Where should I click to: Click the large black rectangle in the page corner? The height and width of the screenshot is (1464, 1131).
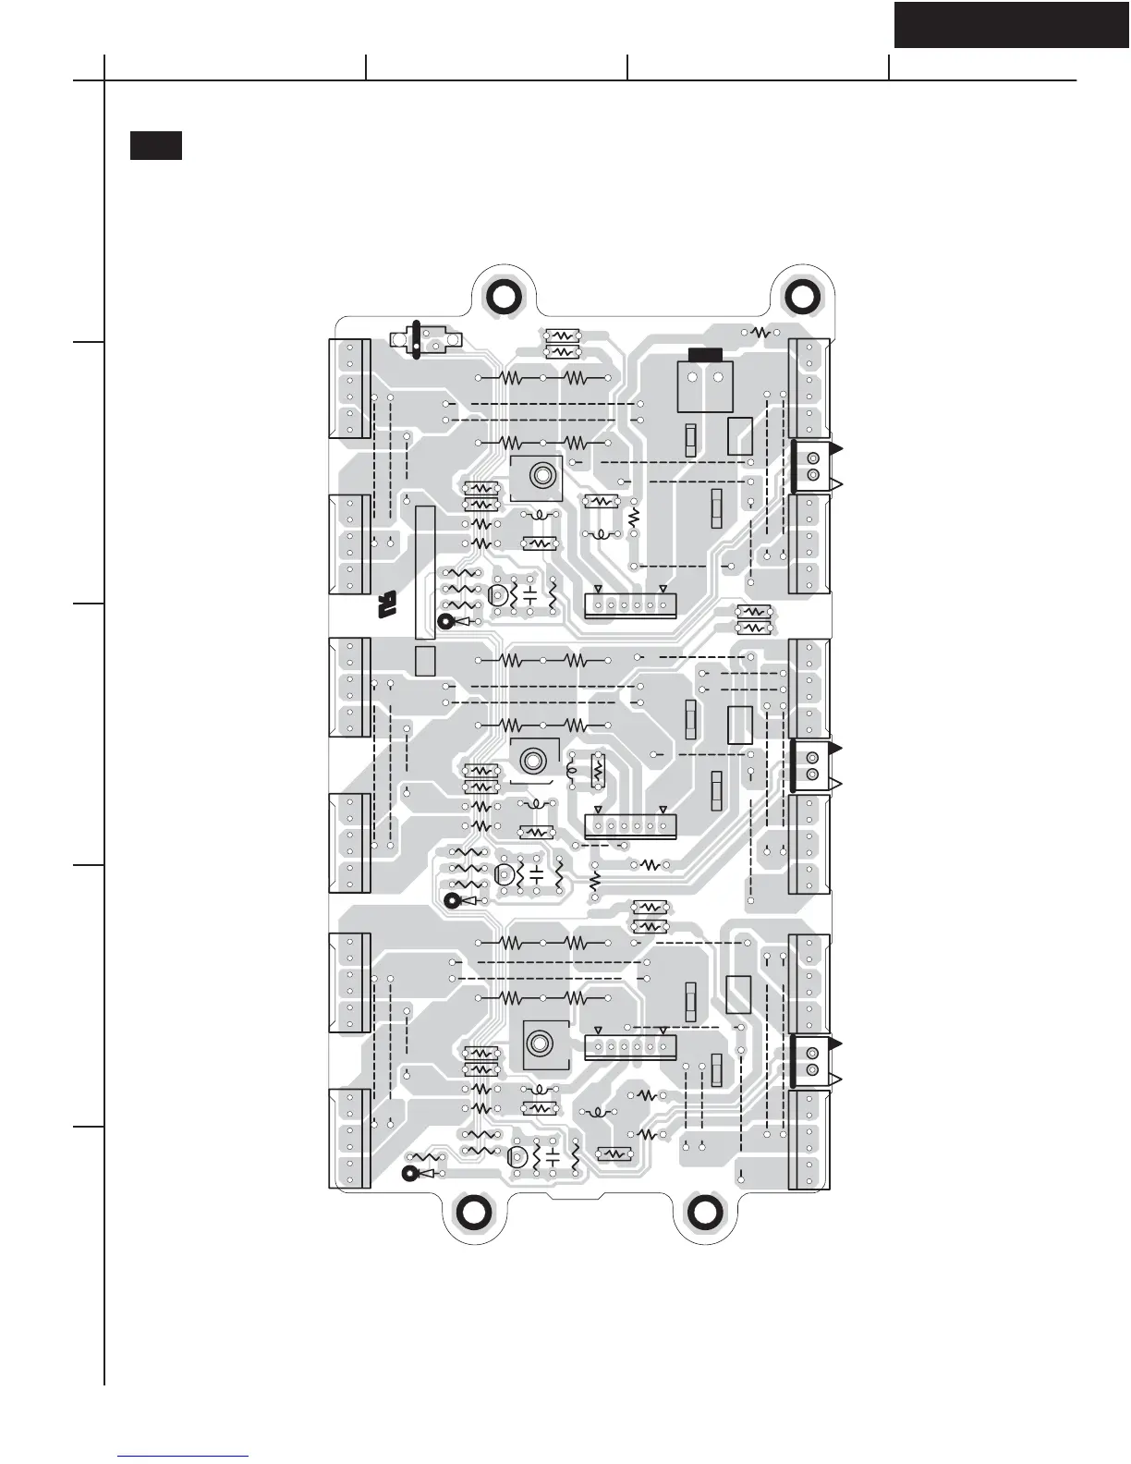click(x=1012, y=25)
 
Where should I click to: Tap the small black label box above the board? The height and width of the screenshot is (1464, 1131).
click(x=155, y=146)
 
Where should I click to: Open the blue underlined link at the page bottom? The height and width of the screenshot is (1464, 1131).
click(x=184, y=1457)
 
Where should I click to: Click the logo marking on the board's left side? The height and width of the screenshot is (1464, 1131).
click(x=386, y=605)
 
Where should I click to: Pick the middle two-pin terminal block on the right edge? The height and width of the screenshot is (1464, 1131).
click(x=813, y=765)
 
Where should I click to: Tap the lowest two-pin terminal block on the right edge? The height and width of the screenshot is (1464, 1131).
click(x=813, y=1062)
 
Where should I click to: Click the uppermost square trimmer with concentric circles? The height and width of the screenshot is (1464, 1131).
click(x=538, y=477)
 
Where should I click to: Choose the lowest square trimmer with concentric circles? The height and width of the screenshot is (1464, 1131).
click(x=539, y=1045)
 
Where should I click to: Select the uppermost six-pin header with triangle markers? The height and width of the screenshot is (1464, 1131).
click(x=630, y=604)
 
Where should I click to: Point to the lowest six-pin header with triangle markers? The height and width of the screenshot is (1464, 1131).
click(x=630, y=1047)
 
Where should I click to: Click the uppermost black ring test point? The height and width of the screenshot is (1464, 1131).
click(x=446, y=622)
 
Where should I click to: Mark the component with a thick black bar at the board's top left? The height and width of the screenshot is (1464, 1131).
click(x=417, y=339)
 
